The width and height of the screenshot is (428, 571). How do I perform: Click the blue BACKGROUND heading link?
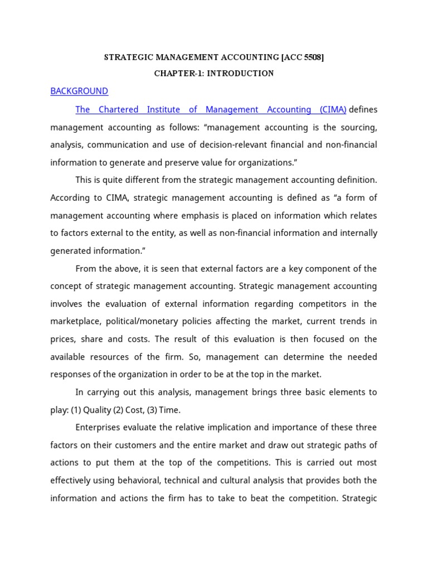79,91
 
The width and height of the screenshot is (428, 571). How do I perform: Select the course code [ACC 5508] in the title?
303,57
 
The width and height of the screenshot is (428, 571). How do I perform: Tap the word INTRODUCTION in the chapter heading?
240,74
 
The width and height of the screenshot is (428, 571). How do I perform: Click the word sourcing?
356,128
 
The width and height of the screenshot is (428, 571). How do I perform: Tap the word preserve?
187,163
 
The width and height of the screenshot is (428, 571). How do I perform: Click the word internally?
355,233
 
